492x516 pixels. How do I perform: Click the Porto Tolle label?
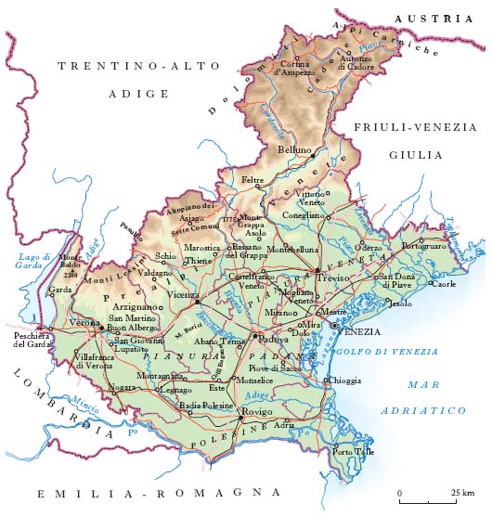tap(355, 452)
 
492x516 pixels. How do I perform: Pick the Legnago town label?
tap(175, 391)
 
